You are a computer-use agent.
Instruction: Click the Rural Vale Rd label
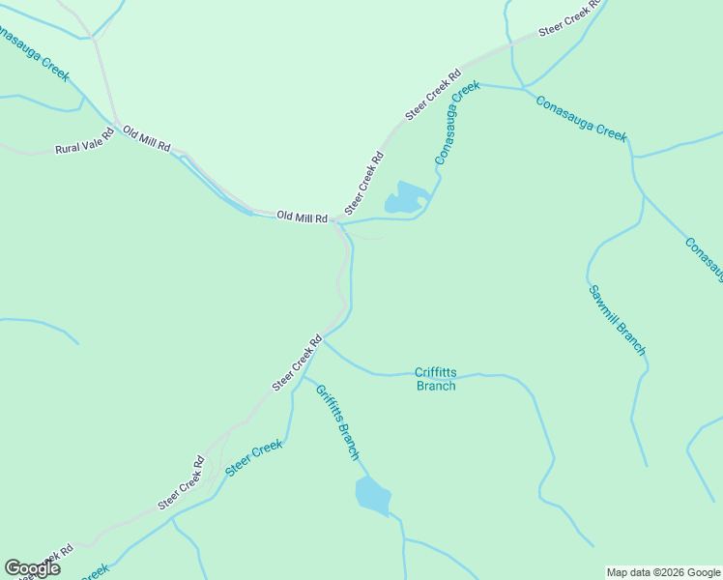(84, 142)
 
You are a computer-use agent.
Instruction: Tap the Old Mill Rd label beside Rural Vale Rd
(146, 139)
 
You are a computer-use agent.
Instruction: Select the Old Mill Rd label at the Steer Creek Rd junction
(302, 217)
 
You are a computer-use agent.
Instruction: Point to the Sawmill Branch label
(616, 320)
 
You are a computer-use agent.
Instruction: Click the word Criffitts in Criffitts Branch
(434, 372)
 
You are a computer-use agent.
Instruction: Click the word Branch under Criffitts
(435, 386)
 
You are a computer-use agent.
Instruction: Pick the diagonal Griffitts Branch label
(337, 421)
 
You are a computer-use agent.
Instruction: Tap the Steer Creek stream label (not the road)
(253, 458)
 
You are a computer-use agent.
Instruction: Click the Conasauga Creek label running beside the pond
(456, 123)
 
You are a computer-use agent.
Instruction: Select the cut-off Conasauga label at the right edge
(704, 259)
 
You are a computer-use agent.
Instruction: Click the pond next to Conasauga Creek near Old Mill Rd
(407, 197)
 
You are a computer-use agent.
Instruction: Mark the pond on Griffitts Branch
(373, 495)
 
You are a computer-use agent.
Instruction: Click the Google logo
(32, 568)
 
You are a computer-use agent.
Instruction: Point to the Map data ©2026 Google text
(663, 572)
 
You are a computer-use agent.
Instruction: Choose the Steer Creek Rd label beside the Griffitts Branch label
(297, 362)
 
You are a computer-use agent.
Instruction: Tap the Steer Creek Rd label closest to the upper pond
(364, 183)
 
